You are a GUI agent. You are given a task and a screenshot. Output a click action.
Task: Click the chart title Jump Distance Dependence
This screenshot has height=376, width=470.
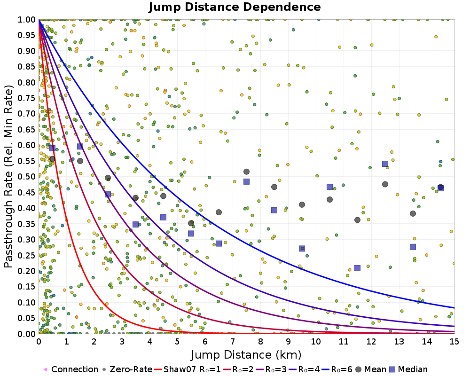235,7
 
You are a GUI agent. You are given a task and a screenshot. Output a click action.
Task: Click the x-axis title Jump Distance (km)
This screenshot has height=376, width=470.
246,354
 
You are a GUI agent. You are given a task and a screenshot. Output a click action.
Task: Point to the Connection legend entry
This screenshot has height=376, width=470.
74,369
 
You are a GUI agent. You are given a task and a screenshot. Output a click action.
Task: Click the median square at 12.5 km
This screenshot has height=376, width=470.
385,164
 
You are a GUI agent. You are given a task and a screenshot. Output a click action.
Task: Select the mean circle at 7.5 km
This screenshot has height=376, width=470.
246,172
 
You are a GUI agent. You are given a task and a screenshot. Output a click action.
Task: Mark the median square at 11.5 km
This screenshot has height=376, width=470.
357,268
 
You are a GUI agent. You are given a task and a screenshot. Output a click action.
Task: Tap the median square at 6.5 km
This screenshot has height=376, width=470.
219,243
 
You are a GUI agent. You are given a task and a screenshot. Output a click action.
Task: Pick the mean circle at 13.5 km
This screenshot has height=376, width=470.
413,213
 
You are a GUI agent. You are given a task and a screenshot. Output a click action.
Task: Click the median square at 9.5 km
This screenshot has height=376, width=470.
302,248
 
